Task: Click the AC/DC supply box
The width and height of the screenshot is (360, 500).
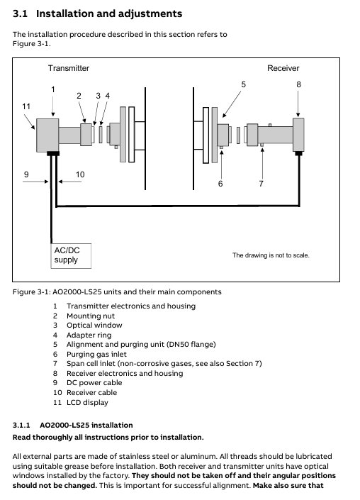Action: tap(71, 256)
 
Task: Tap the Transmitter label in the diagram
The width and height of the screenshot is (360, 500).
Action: tap(69, 68)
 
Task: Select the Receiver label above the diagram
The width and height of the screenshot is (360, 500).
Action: tap(283, 68)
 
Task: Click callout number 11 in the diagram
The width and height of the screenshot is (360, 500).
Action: tap(26, 106)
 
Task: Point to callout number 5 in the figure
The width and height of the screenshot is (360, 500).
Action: tap(243, 84)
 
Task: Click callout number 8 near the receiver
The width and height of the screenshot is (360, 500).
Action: tap(298, 84)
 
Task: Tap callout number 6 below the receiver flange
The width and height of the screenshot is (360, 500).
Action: tap(220, 184)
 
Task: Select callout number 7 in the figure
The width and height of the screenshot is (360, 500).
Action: tap(261, 184)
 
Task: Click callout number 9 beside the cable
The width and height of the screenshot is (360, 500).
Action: tap(26, 174)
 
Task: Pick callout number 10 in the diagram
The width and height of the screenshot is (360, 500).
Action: tap(80, 174)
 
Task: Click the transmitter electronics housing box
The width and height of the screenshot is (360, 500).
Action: tap(47, 135)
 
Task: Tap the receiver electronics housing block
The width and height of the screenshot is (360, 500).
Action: tap(298, 135)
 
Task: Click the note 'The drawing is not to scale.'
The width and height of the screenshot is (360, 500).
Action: tap(271, 255)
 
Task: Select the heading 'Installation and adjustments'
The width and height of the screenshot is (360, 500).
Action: tap(109, 13)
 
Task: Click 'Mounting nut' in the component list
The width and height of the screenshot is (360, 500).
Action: tap(91, 316)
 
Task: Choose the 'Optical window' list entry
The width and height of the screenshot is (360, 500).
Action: tap(94, 326)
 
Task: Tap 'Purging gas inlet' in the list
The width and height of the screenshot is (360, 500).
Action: tap(96, 355)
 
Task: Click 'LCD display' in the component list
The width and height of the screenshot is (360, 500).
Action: tap(87, 402)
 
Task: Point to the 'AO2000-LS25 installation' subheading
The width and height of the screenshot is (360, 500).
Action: tap(86, 425)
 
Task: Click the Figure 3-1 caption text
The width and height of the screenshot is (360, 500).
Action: tap(117, 292)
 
